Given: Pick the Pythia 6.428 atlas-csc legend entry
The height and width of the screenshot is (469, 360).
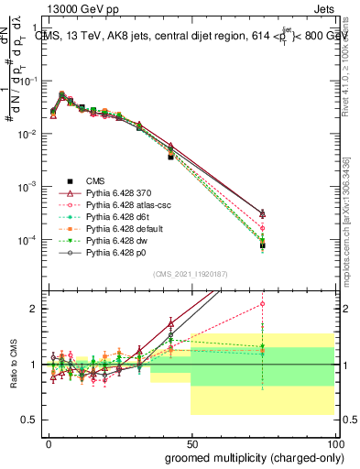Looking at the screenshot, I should tap(117, 208).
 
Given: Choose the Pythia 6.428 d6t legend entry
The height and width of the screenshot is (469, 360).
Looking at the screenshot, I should tap(110, 222).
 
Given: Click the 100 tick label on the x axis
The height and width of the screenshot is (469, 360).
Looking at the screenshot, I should tap(333, 443).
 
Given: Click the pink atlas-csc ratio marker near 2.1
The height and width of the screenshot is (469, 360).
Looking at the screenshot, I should tap(262, 303).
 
